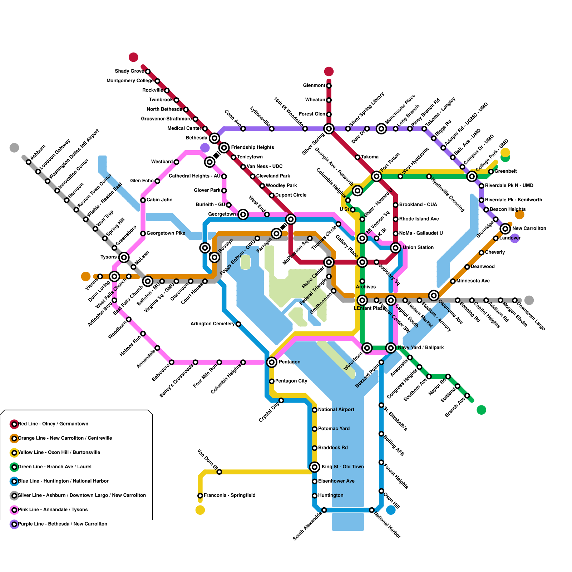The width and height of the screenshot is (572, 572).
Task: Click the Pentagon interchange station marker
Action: [272, 362]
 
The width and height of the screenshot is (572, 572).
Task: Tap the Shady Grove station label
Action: [129, 71]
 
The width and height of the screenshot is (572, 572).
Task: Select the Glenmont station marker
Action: [329, 85]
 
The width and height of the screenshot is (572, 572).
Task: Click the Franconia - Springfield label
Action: [230, 495]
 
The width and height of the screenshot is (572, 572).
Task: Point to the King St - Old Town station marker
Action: [315, 467]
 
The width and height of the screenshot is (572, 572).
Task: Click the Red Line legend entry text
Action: [53, 424]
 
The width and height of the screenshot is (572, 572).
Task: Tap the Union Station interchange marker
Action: [395, 247]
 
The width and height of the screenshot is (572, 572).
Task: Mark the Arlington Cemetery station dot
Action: [238, 324]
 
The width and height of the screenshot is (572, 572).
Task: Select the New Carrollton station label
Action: [529, 228]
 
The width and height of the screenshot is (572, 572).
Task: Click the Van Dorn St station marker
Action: [219, 472]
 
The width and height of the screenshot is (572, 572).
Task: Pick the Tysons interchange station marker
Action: [124, 257]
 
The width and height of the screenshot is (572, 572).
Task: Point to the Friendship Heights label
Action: [252, 147]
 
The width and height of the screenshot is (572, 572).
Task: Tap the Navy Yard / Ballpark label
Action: [421, 347]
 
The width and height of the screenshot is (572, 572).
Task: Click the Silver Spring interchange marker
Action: [329, 128]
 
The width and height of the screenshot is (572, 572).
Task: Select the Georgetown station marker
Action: [243, 214]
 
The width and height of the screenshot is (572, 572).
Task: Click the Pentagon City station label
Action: [291, 381]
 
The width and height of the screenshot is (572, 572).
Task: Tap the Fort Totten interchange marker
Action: [376, 176]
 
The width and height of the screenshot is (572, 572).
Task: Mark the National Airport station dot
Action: [315, 410]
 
